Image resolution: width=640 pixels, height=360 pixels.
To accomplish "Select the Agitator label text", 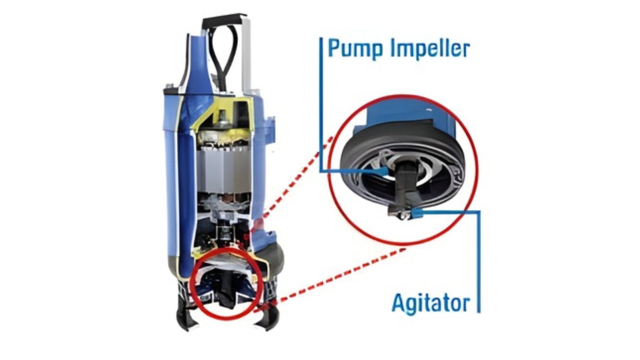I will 430,303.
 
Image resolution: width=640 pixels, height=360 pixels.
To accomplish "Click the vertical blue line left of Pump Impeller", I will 321,104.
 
